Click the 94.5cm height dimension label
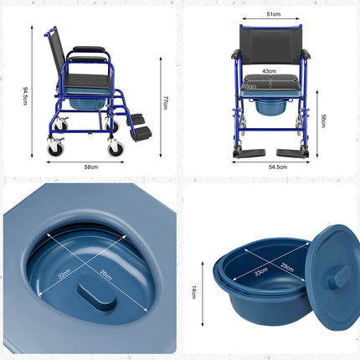click(x=25, y=96)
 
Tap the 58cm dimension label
click(x=91, y=167)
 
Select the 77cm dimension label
click(x=165, y=102)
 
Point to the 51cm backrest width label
click(x=274, y=14)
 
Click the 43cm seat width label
click(x=269, y=71)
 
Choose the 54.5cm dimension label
click(x=278, y=167)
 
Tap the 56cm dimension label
click(x=323, y=121)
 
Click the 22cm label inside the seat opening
click(x=64, y=274)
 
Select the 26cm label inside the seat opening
click(x=105, y=275)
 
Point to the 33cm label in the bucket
click(x=261, y=271)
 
